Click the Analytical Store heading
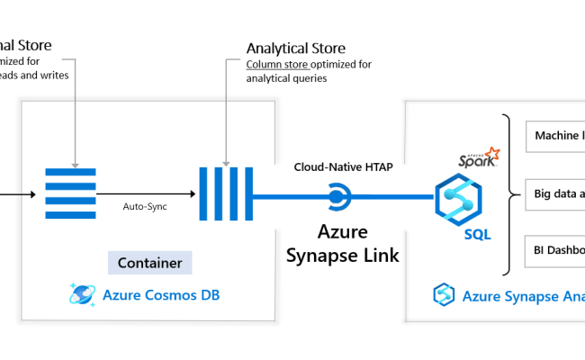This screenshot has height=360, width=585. point(295,48)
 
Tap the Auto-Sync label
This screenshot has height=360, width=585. point(145,205)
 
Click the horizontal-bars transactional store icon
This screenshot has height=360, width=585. point(69,193)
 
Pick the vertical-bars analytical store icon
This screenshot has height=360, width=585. point(226,193)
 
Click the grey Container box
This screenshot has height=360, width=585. point(149,264)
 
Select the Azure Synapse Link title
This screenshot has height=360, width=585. point(342,245)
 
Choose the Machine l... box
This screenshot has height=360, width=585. point(554,136)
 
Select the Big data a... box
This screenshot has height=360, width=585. point(554,193)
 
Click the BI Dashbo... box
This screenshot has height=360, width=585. point(554,251)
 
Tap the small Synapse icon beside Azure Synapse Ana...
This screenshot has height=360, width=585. point(443,294)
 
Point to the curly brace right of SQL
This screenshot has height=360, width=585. point(509,193)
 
